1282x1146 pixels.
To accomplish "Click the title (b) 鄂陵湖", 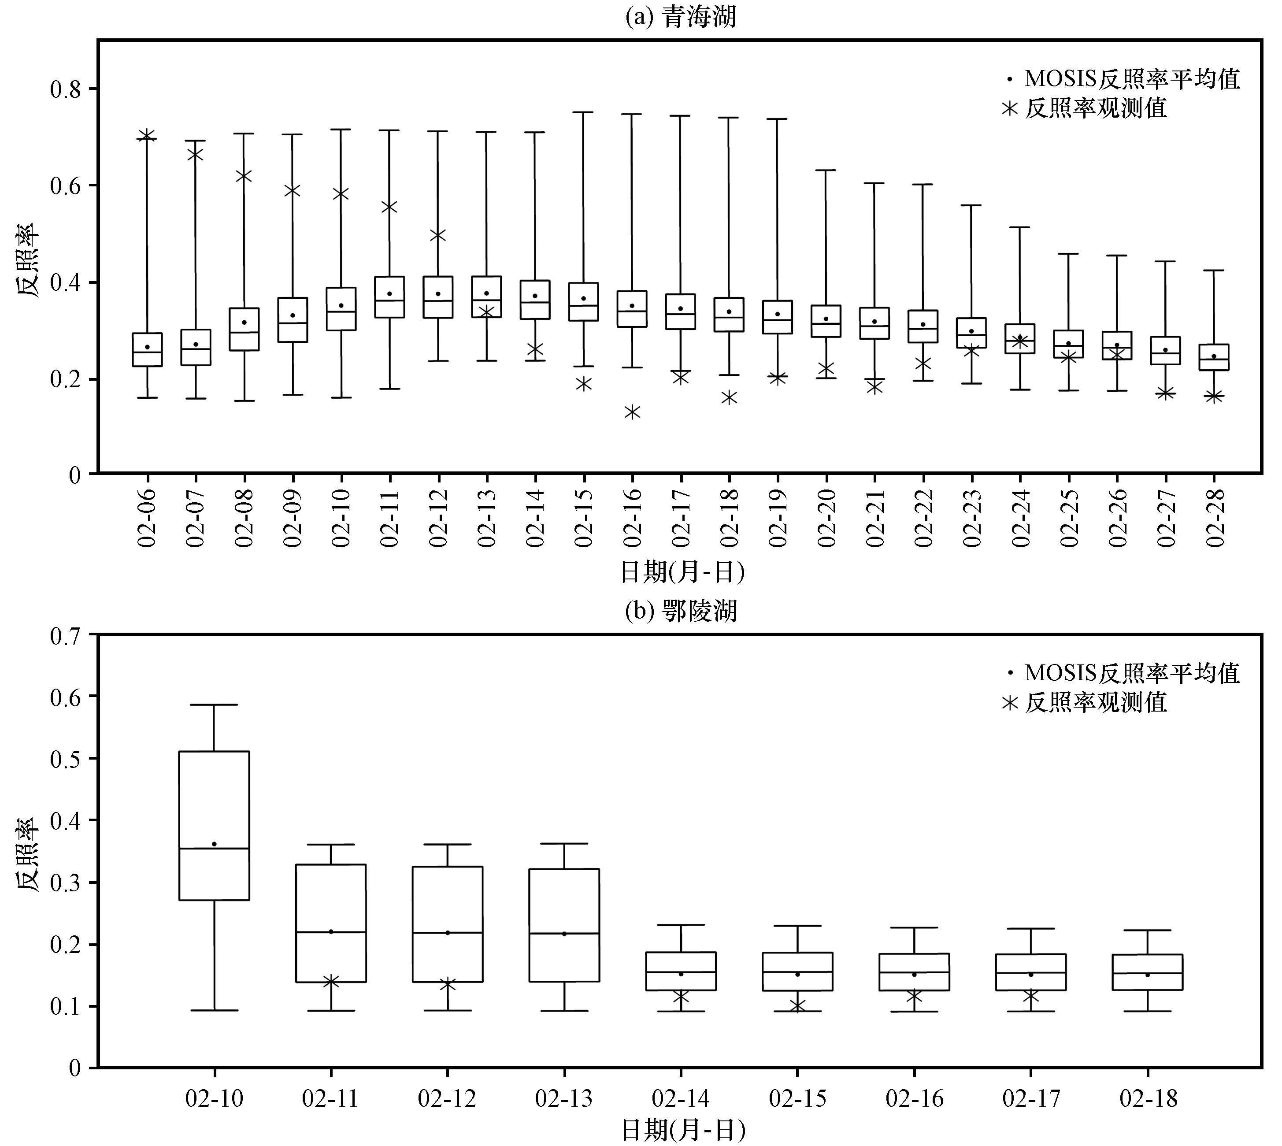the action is (680, 611).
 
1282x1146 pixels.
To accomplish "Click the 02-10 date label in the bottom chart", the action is (214, 1099).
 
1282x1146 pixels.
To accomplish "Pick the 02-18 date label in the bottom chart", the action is (1148, 1099).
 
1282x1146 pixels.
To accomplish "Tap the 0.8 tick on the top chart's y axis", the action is (66, 89).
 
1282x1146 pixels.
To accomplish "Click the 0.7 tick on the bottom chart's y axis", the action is (66, 635).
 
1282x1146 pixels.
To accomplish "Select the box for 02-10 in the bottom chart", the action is (214, 826).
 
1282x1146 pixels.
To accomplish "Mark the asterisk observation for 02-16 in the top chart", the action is (632, 412).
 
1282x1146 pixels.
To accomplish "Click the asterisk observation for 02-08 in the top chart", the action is (245, 176).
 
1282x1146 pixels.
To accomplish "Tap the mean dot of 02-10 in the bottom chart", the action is (214, 844).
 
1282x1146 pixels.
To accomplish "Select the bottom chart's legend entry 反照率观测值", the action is (1084, 702).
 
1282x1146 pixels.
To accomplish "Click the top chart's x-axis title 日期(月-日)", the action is (682, 572).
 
